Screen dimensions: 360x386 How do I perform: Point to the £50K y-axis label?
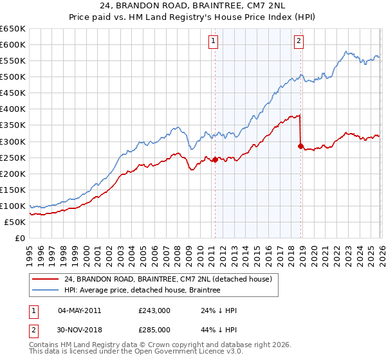click(x=15, y=222)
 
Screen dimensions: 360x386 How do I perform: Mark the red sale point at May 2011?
click(x=214, y=159)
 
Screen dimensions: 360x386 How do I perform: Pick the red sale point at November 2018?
click(x=300, y=146)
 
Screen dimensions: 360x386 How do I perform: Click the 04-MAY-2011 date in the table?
click(x=79, y=310)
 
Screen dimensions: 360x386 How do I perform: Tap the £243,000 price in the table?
click(x=154, y=310)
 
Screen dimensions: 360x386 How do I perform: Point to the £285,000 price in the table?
click(x=154, y=329)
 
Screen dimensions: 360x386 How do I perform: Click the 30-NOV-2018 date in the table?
click(x=79, y=329)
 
